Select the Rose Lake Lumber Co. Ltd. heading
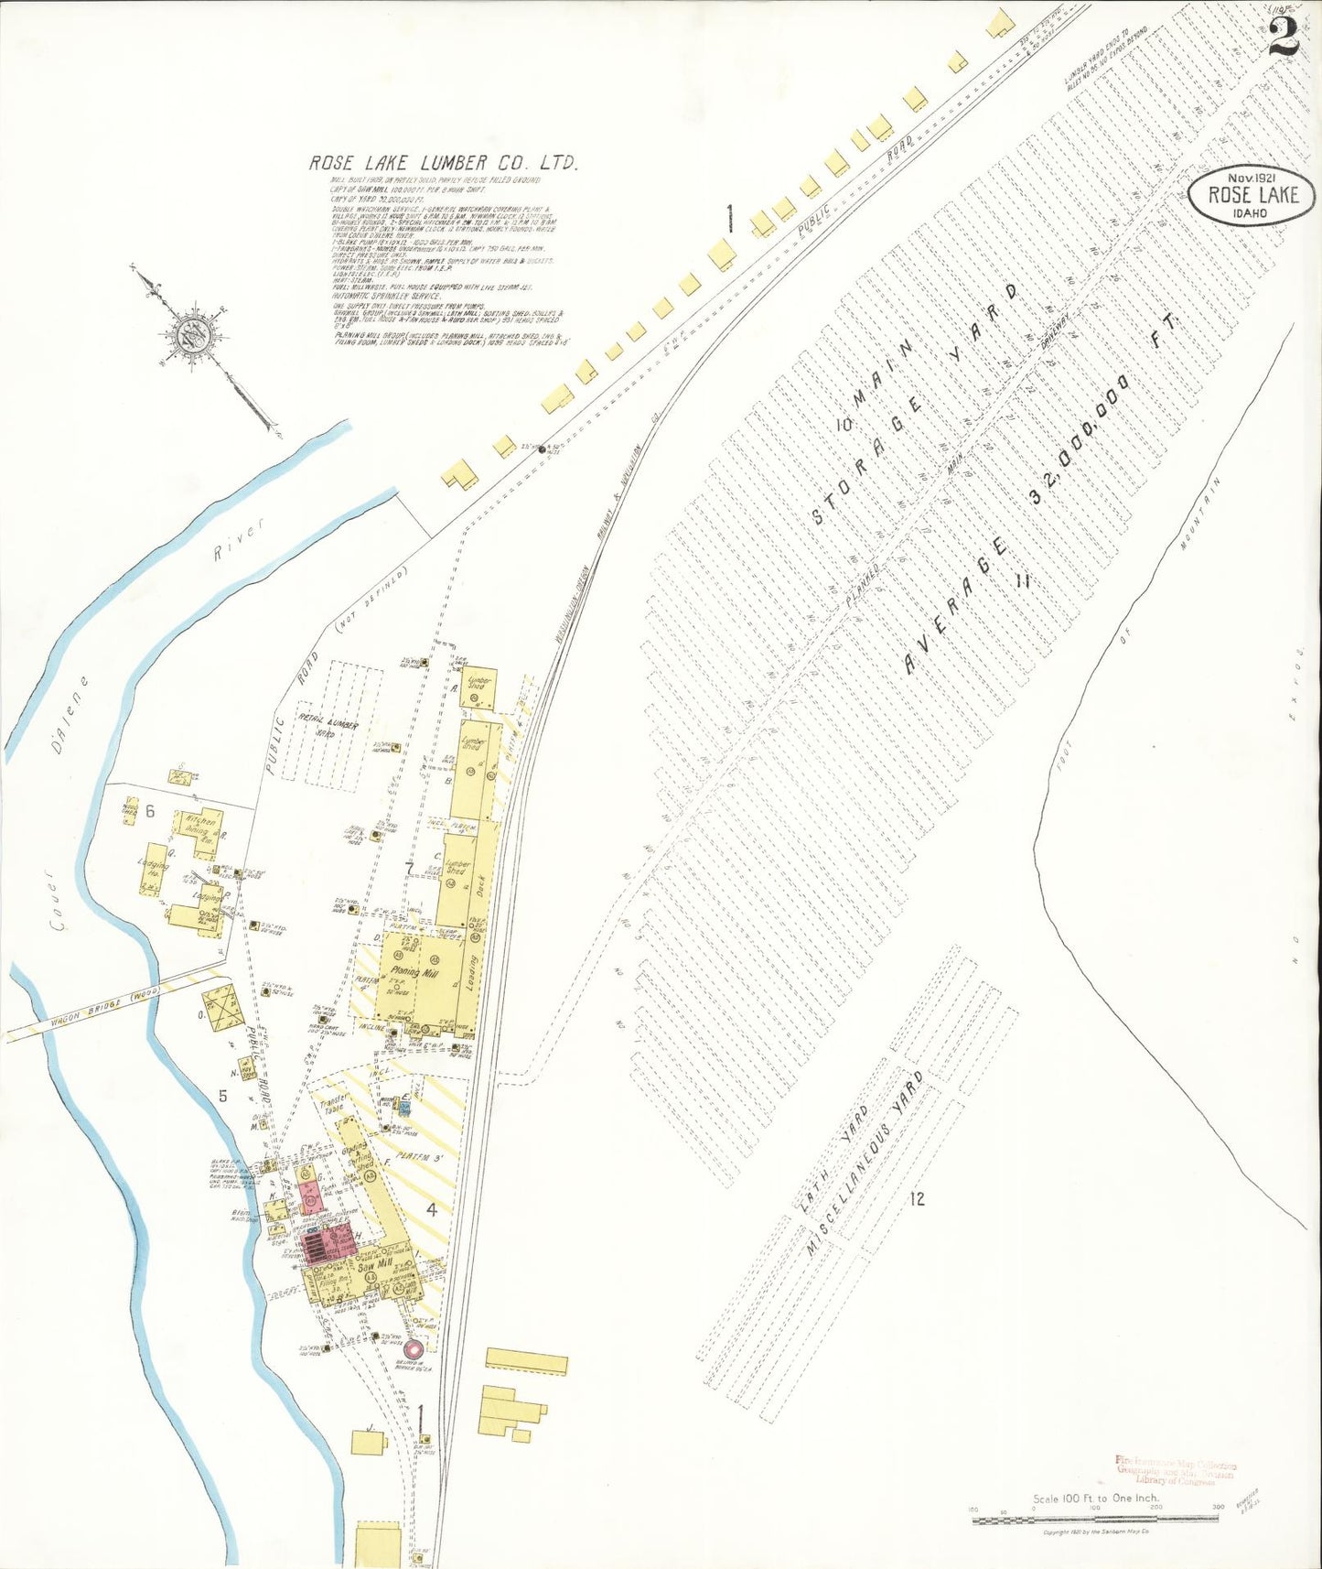point(445,163)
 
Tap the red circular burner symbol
point(413,1348)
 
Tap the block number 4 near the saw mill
point(431,1210)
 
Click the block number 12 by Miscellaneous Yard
point(917,1198)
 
